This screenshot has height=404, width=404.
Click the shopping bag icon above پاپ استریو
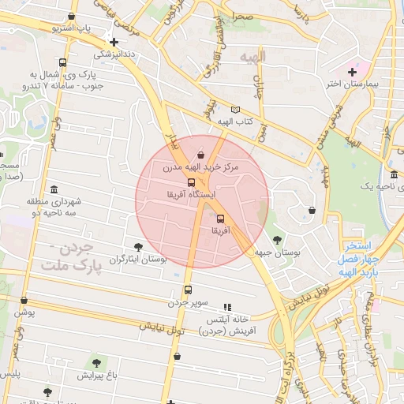[x=73, y=16]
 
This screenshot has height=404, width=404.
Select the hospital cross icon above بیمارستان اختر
[x=352, y=72]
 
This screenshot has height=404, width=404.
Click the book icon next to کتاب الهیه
[x=235, y=110]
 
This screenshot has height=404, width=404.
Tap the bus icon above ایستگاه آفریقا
[x=192, y=182]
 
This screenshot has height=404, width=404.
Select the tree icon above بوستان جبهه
[x=276, y=240]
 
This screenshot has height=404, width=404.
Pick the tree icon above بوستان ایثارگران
[x=139, y=247]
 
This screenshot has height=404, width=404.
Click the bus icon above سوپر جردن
[x=188, y=290]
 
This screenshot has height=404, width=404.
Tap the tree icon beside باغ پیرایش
[x=96, y=363]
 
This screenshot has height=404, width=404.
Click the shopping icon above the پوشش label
[x=24, y=301]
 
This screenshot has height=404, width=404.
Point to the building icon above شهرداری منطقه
[x=54, y=190]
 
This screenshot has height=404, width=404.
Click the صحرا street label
[x=242, y=16]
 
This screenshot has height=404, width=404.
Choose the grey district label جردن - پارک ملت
[x=73, y=258]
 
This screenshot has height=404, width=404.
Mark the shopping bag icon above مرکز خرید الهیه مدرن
[x=200, y=155]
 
